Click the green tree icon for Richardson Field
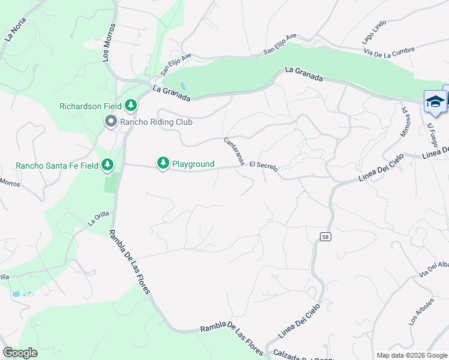(131, 106)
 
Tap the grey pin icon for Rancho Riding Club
(111, 122)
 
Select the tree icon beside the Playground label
(163, 163)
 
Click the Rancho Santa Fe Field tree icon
(107, 164)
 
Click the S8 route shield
(325, 237)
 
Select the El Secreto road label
(264, 166)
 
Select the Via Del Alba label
(433, 269)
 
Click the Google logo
(20, 352)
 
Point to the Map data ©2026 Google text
(411, 355)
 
